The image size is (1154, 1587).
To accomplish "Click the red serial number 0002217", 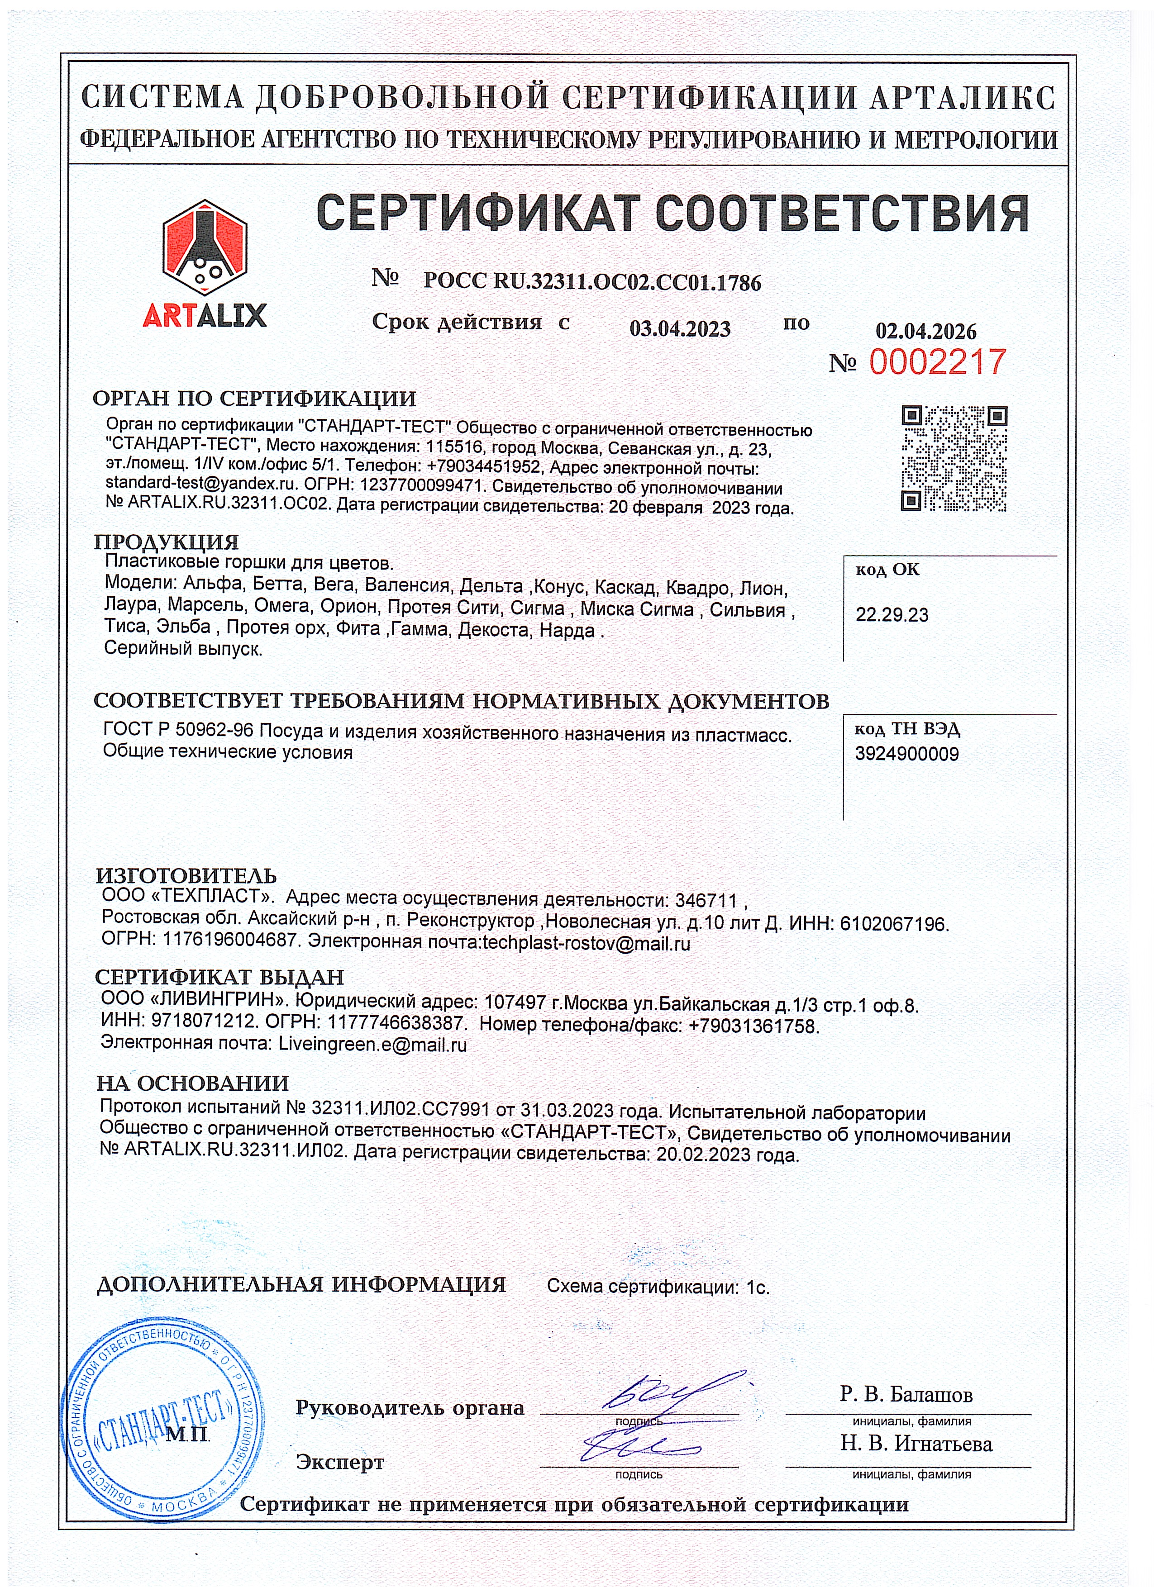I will pos(937,362).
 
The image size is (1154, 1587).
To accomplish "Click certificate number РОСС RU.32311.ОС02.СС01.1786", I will pos(592,282).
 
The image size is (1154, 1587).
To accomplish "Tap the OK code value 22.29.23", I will pos(892,615).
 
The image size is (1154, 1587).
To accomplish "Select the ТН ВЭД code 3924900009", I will pos(906,754).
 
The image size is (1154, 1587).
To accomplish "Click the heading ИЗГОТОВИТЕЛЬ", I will pos(186,875).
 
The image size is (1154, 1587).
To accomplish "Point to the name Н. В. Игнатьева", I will pos(916,1444).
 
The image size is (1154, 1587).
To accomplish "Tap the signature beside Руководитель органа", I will pos(665,1391).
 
